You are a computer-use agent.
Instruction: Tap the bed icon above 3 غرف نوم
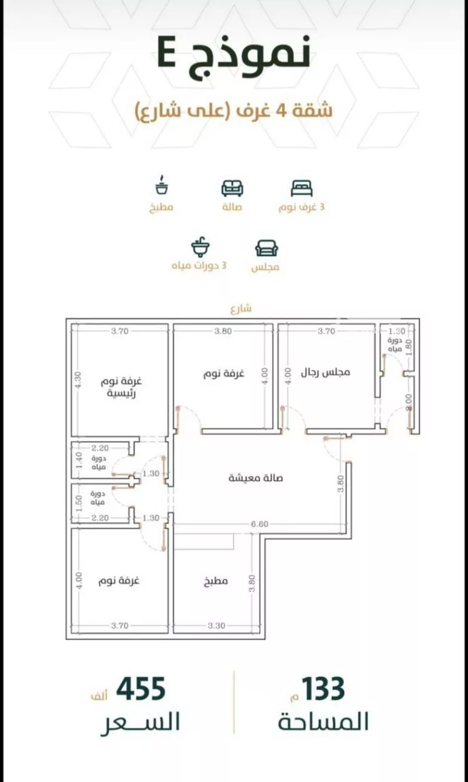click(301, 189)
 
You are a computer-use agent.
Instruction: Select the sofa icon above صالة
click(232, 189)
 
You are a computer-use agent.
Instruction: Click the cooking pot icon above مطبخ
click(162, 185)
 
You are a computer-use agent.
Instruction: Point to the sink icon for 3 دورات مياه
click(200, 247)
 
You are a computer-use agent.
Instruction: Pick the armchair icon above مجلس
click(266, 249)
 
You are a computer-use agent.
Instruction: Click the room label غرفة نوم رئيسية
click(121, 387)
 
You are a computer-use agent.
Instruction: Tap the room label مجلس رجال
click(325, 372)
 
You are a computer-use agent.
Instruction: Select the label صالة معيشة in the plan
click(256, 478)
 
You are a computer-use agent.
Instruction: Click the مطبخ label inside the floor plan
click(216, 581)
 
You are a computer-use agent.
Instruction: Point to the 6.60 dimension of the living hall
click(260, 524)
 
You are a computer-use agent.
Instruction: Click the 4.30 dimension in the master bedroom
click(77, 380)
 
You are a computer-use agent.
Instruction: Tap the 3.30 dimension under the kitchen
click(217, 626)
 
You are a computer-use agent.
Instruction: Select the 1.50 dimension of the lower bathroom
click(78, 503)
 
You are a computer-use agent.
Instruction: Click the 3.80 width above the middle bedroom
click(223, 331)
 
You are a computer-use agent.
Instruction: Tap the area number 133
click(324, 689)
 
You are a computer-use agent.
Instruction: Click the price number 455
click(141, 689)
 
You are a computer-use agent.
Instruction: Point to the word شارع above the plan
click(241, 309)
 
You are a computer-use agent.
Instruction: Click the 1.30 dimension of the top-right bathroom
click(397, 331)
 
